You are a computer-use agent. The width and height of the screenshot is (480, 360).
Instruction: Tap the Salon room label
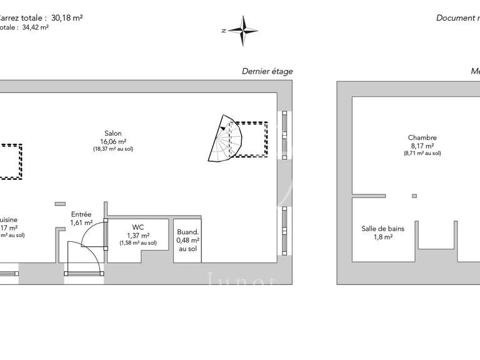pyautogui.click(x=113, y=133)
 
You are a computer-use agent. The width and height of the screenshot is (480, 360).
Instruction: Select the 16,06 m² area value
pyautogui.click(x=113, y=141)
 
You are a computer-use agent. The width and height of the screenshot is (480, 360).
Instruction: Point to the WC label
pyautogui.click(x=138, y=227)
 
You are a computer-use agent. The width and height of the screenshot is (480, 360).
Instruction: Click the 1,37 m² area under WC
pyautogui.click(x=137, y=235)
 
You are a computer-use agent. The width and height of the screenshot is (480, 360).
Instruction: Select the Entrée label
pyautogui.click(x=81, y=214)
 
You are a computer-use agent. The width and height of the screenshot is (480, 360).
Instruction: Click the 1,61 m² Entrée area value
pyautogui.click(x=81, y=222)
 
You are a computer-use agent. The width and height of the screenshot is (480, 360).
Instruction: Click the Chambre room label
pyautogui.click(x=422, y=138)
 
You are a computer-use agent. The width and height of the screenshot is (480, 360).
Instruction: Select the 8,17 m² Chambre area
pyautogui.click(x=422, y=146)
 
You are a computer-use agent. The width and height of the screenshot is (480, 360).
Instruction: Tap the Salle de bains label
pyautogui.click(x=382, y=229)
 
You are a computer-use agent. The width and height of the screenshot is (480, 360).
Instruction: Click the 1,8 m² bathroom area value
pyautogui.click(x=383, y=237)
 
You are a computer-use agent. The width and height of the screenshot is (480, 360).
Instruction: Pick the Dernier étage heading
pyautogui.click(x=267, y=71)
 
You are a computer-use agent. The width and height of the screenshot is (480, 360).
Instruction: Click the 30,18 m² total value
pyautogui.click(x=65, y=18)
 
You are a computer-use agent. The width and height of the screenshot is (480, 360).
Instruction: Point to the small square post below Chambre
pyautogui.click(x=414, y=196)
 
